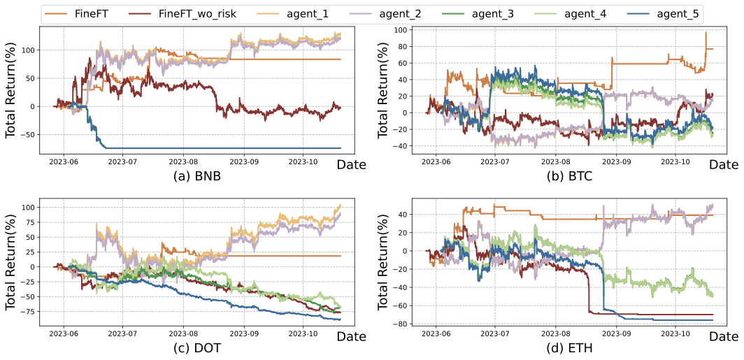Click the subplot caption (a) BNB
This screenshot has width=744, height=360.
[x=197, y=176]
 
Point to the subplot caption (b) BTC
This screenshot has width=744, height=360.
[x=570, y=176]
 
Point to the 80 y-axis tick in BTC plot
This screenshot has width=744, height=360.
[x=401, y=47]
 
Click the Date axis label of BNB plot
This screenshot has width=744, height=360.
[x=351, y=165]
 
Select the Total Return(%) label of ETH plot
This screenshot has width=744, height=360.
[x=384, y=263]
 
